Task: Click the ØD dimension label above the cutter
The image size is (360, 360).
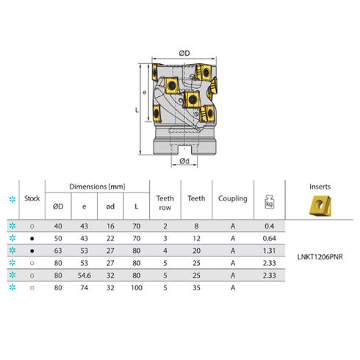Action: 184,53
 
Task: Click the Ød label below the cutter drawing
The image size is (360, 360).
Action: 184,161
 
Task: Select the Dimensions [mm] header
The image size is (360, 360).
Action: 97,187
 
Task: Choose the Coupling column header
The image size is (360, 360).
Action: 232,198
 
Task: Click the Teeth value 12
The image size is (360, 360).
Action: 197,238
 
